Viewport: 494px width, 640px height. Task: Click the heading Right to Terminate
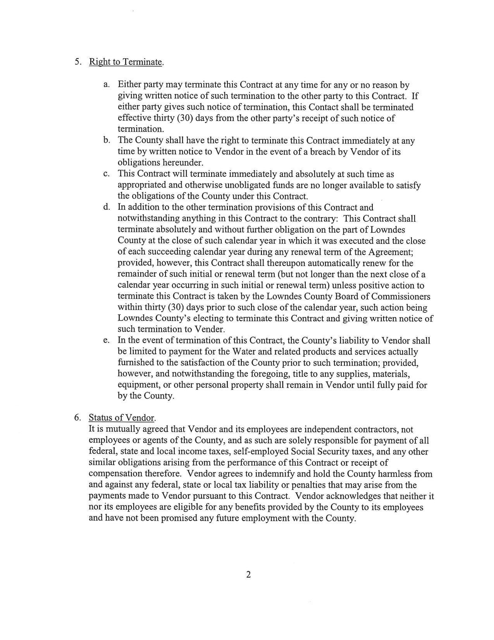tap(126, 62)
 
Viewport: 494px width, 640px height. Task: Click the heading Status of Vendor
tap(122, 418)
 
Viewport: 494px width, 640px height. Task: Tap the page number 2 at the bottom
tap(248, 574)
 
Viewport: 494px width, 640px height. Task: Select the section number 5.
tap(77, 62)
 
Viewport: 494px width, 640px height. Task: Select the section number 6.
tap(77, 418)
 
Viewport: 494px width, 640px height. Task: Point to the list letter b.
tap(106, 140)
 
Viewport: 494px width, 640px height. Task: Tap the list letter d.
tap(106, 207)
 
